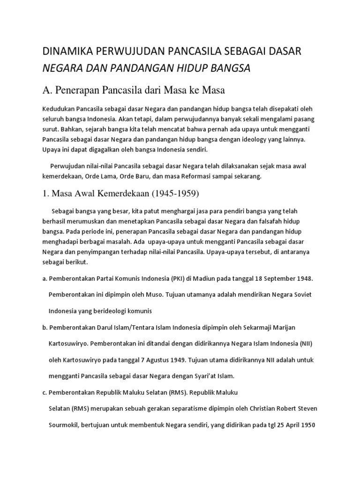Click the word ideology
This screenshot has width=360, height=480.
243,139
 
